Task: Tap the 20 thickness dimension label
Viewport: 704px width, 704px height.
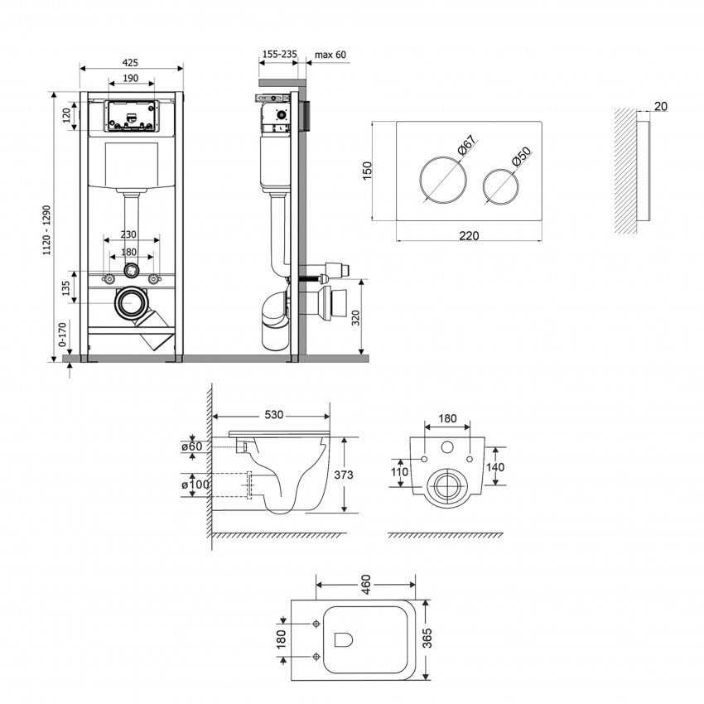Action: pos(660,105)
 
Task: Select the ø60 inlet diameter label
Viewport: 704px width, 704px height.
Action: pos(193,447)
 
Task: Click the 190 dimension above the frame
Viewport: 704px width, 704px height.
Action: pos(130,78)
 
